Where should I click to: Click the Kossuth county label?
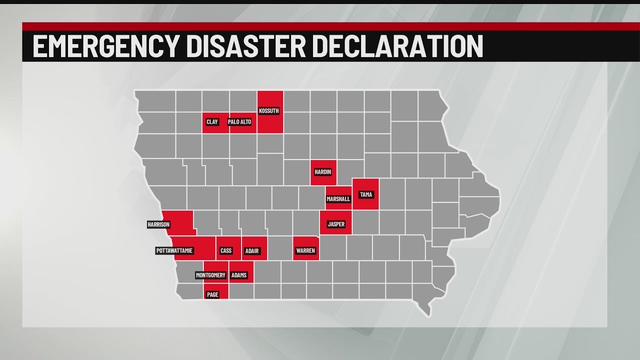pyautogui.click(x=269, y=110)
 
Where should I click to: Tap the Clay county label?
pyautogui.click(x=212, y=121)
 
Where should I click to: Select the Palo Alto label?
pyautogui.click(x=239, y=121)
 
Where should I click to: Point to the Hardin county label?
pyautogui.click(x=322, y=171)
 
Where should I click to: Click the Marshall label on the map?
pyautogui.click(x=338, y=198)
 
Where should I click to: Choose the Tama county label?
pyautogui.click(x=366, y=194)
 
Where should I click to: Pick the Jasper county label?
pyautogui.click(x=336, y=224)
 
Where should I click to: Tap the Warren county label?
pyautogui.click(x=305, y=250)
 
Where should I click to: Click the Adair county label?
pyautogui.click(x=252, y=250)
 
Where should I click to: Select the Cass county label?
pyautogui.click(x=226, y=250)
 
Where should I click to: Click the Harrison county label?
pyautogui.click(x=158, y=224)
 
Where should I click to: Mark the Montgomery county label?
pyautogui.click(x=210, y=275)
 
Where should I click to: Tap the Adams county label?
pyautogui.click(x=238, y=275)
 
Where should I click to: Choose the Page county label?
pyautogui.click(x=212, y=294)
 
